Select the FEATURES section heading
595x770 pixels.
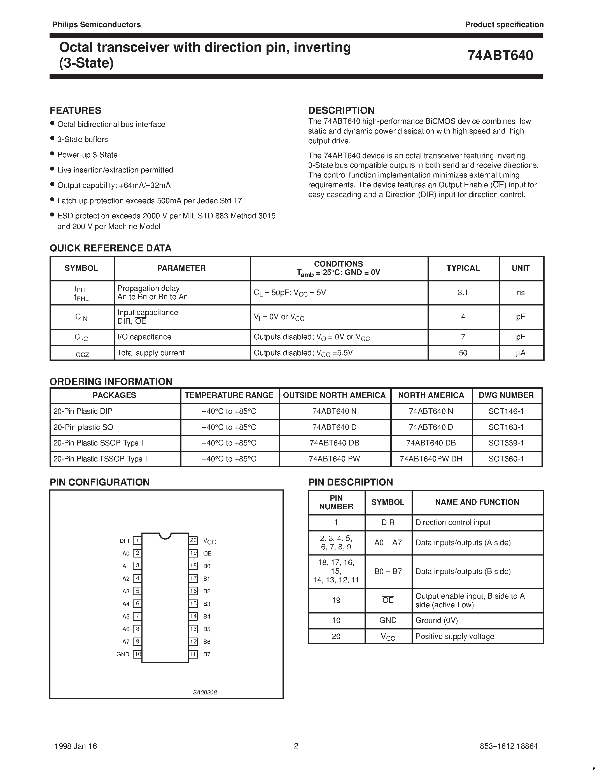point(75,110)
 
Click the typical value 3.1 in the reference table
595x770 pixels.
point(463,293)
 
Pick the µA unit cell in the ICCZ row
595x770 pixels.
point(520,353)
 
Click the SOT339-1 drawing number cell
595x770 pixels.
point(506,443)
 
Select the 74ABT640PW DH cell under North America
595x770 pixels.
point(431,459)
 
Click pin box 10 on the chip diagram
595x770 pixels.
point(137,654)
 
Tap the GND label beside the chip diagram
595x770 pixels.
point(123,654)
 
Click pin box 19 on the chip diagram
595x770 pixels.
point(193,553)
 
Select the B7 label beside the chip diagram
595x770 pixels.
point(207,654)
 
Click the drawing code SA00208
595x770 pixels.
point(204,692)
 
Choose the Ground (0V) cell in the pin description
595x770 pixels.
point(437,620)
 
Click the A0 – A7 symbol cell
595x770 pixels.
point(388,543)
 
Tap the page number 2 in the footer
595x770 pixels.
point(296,746)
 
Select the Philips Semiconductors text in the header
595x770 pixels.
point(96,25)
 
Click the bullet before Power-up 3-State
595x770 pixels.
point(52,154)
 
